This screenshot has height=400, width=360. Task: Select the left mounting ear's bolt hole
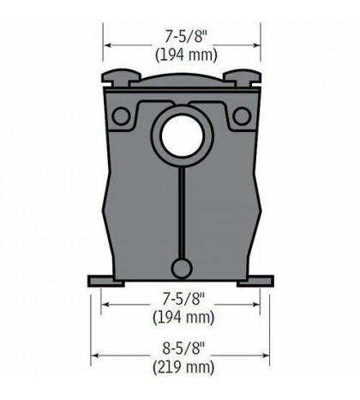tap(120, 116)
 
